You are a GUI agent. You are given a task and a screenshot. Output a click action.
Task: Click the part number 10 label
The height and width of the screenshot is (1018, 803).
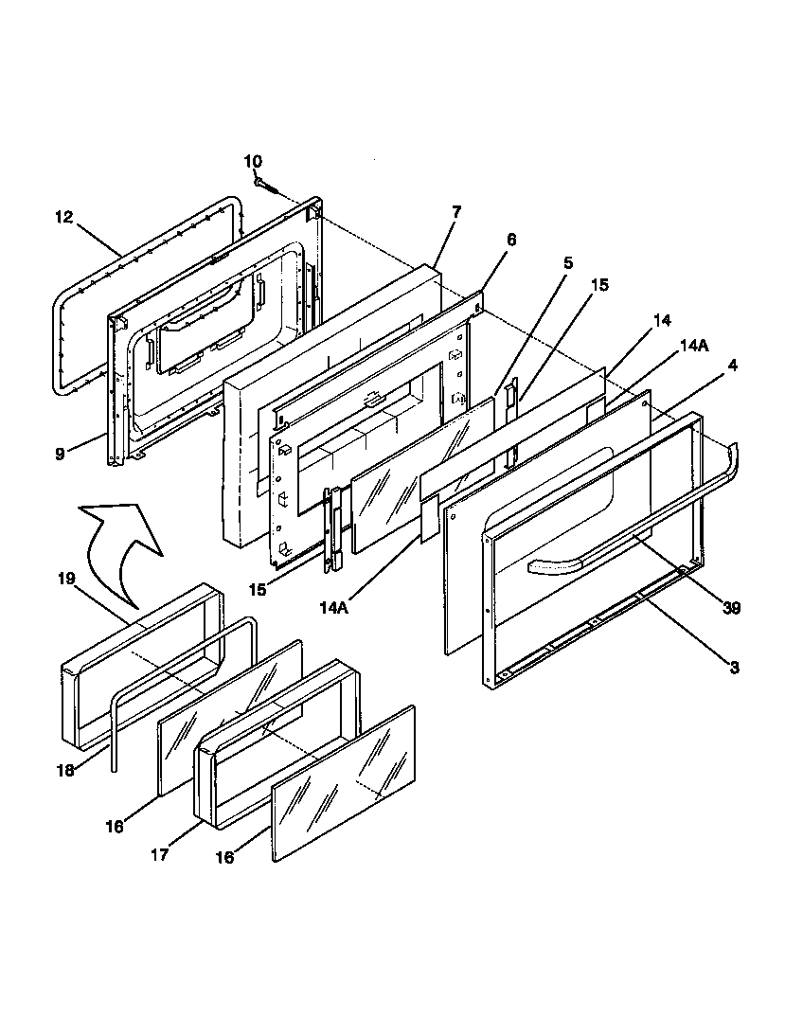click(x=254, y=162)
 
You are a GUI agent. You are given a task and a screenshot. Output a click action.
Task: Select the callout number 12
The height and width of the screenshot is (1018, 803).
click(x=63, y=217)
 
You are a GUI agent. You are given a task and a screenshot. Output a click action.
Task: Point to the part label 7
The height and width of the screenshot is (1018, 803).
click(x=456, y=212)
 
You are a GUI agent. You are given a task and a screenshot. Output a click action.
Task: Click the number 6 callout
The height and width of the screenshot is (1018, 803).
click(x=511, y=240)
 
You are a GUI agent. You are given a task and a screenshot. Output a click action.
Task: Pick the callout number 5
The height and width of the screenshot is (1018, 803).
click(x=567, y=263)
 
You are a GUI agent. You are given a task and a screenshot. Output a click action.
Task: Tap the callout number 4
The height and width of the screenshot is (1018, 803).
click(x=733, y=364)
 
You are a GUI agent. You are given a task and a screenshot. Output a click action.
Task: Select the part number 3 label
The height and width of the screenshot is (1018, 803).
click(x=733, y=668)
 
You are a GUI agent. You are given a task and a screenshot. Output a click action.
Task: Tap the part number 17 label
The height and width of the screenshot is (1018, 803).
click(x=159, y=853)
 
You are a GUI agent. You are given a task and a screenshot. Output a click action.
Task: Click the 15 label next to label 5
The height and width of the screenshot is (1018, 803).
click(x=601, y=284)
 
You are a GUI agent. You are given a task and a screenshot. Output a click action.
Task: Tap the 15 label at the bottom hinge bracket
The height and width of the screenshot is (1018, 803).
click(x=257, y=590)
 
